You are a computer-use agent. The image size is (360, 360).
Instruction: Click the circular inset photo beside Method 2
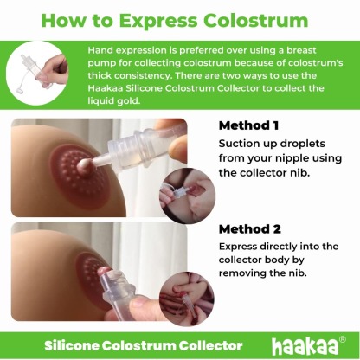pyautogui.click(x=186, y=293)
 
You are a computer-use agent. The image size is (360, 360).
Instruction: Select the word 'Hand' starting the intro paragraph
pyautogui.click(x=101, y=53)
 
